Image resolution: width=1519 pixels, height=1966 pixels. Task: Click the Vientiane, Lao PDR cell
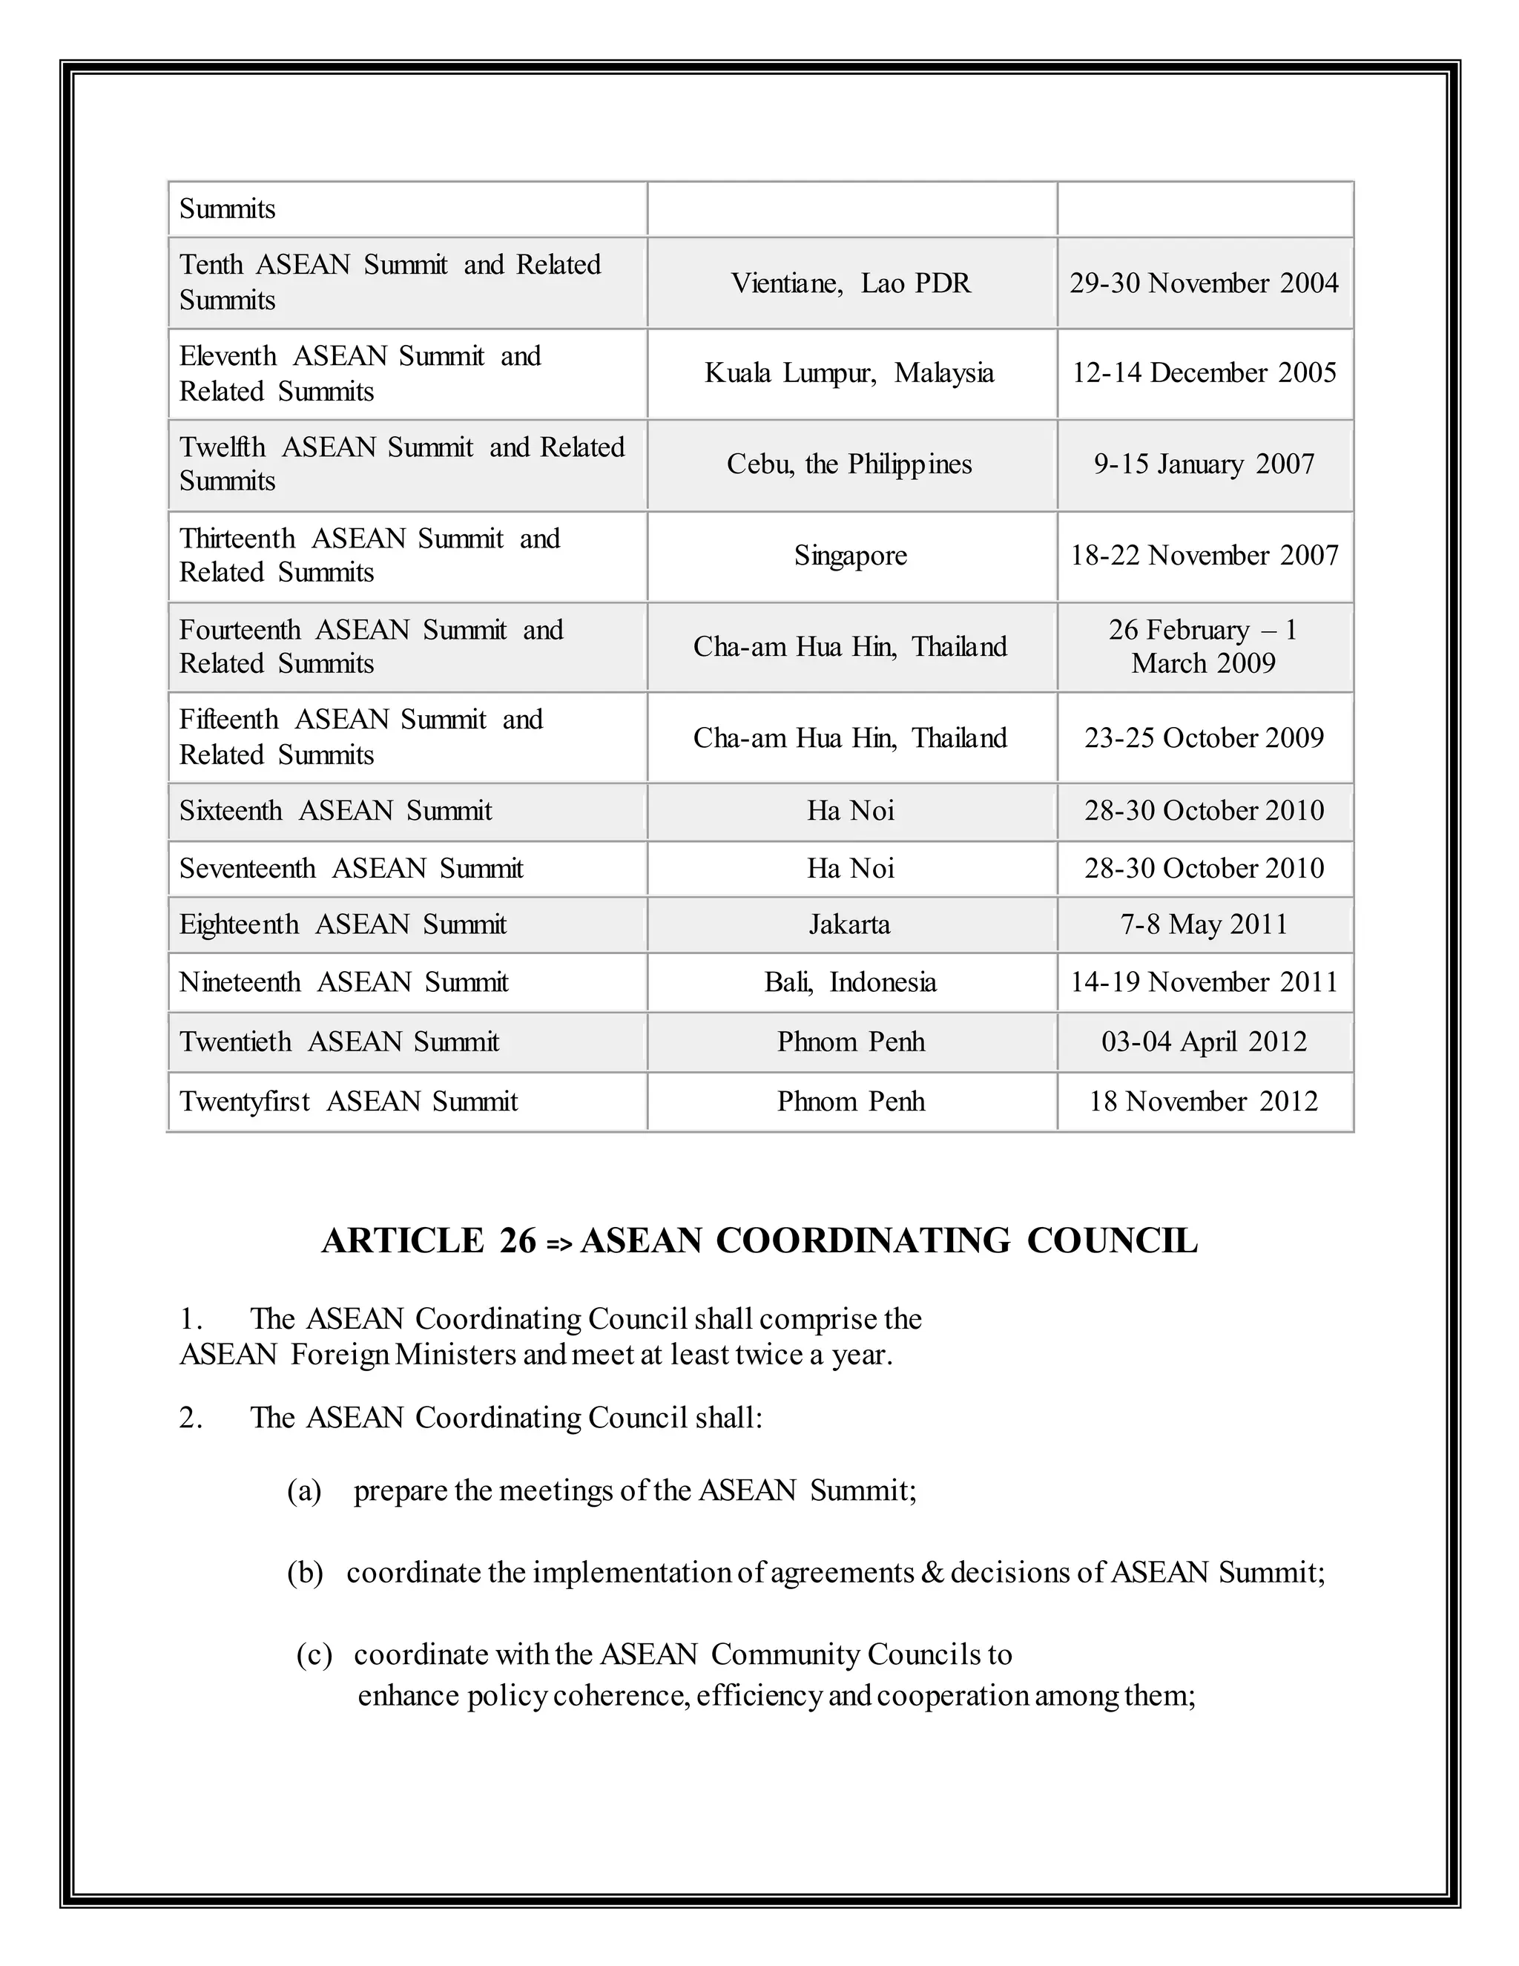coord(851,283)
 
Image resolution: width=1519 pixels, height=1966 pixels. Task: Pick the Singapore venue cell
coord(851,556)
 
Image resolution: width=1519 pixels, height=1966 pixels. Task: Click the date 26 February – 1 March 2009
coord(1204,646)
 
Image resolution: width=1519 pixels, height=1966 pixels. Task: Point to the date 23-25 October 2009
coord(1204,738)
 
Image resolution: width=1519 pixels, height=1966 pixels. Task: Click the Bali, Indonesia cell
coord(851,982)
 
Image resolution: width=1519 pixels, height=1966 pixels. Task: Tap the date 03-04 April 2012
coord(1204,1042)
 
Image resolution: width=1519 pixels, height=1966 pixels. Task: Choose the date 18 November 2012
coord(1204,1102)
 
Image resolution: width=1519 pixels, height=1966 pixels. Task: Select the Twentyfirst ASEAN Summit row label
coord(349,1102)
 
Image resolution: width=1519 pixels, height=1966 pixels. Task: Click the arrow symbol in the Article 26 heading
coord(558,1244)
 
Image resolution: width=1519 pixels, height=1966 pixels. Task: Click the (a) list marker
coord(304,1490)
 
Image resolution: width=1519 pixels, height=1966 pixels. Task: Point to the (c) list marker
coord(314,1654)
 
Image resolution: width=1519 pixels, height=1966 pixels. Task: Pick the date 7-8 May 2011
coord(1204,924)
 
